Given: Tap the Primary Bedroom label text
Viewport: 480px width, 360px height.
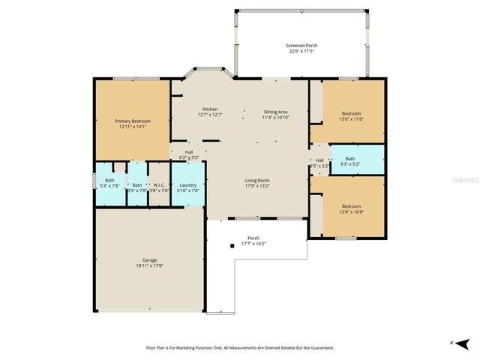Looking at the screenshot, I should point(132,121).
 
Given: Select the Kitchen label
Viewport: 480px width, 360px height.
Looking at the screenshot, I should point(209,109).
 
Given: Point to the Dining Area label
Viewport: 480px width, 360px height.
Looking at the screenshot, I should point(275,112).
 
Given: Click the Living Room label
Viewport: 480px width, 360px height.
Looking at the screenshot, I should point(257,180).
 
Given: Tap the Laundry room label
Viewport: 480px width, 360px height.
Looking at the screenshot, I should point(188,184).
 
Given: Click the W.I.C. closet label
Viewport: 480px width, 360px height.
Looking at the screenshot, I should point(159,184).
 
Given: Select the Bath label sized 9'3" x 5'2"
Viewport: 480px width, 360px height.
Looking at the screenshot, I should point(350,158).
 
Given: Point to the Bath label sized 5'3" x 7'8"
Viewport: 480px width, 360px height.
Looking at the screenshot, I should point(109,180).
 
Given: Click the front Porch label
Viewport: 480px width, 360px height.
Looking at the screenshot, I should point(253,238).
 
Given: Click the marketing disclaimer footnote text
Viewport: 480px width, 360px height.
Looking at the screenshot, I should point(239,348).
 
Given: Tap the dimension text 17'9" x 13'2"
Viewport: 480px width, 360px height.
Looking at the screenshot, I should point(257,185).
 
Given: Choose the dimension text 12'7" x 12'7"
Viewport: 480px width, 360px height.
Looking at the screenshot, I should point(209,115).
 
